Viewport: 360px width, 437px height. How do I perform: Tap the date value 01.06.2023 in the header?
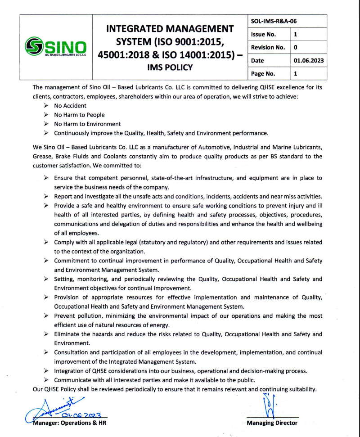309,60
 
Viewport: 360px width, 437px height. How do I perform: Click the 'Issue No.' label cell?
264,34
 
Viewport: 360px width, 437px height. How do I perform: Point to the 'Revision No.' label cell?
268,47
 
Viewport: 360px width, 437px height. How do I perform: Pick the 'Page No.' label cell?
264,73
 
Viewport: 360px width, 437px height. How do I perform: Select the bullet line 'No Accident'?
70,106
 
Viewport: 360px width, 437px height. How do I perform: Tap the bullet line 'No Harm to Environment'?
87,124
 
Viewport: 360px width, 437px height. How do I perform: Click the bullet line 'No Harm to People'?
79,115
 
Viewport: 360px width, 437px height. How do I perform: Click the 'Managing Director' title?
272,423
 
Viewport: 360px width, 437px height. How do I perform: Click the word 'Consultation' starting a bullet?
71,352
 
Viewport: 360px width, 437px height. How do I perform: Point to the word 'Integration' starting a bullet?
69,371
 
